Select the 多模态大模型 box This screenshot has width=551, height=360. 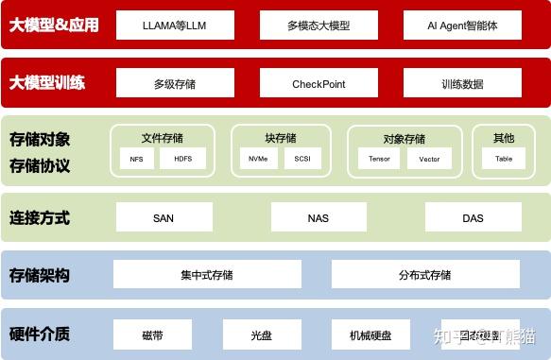coord(319,26)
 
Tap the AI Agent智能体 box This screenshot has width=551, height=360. coord(461,26)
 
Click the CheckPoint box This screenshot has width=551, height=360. coord(319,84)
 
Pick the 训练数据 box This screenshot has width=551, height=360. coord(461,84)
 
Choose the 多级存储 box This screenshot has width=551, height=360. coord(174,84)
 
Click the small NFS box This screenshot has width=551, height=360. coord(135,159)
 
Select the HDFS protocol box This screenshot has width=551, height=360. coord(182,159)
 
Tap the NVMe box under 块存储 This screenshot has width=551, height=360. coord(258,159)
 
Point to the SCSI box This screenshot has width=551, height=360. coord(302,159)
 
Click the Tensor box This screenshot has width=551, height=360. coord(379,159)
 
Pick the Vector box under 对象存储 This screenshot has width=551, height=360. coord(429,159)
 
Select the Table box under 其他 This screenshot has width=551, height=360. coord(504,159)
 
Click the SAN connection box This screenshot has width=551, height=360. coord(163,218)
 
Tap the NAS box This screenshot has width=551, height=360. coord(319,218)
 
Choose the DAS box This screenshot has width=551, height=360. coord(473,218)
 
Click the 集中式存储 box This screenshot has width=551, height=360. coord(207,275)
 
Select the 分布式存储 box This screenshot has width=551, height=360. coord(424,275)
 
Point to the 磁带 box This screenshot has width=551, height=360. coord(152,334)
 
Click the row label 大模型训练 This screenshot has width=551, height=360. coord(47,83)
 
